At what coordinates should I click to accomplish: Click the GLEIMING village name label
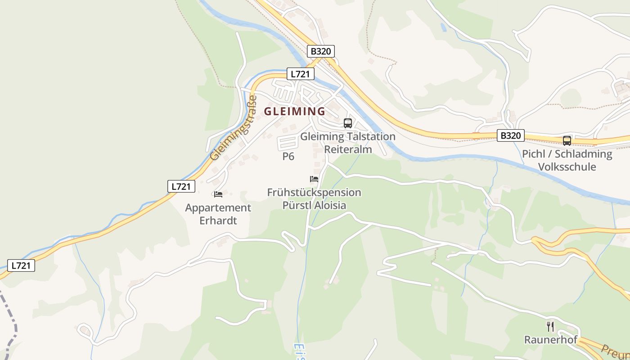(294, 111)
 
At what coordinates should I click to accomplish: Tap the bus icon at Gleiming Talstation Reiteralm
(348, 123)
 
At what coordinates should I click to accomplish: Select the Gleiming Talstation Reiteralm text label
(348, 143)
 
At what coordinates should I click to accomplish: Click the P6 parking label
(288, 157)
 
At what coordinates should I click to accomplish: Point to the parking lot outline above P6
(288, 142)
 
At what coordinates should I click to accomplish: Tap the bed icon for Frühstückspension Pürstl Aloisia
(314, 179)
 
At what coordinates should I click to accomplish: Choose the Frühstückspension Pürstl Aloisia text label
(314, 199)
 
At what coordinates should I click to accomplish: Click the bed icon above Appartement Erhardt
(218, 194)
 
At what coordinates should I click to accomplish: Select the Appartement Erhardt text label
(218, 214)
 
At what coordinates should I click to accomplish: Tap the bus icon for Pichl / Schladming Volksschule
(567, 141)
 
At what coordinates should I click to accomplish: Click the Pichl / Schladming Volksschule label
(567, 160)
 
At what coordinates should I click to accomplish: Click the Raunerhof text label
(550, 340)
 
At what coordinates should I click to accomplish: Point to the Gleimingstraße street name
(234, 128)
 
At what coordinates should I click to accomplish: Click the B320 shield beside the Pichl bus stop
(511, 135)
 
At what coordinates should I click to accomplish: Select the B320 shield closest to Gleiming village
(321, 51)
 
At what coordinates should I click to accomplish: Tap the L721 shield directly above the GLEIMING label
(301, 74)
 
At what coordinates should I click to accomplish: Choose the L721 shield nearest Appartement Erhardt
(181, 186)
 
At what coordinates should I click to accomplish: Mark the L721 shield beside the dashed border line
(21, 265)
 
